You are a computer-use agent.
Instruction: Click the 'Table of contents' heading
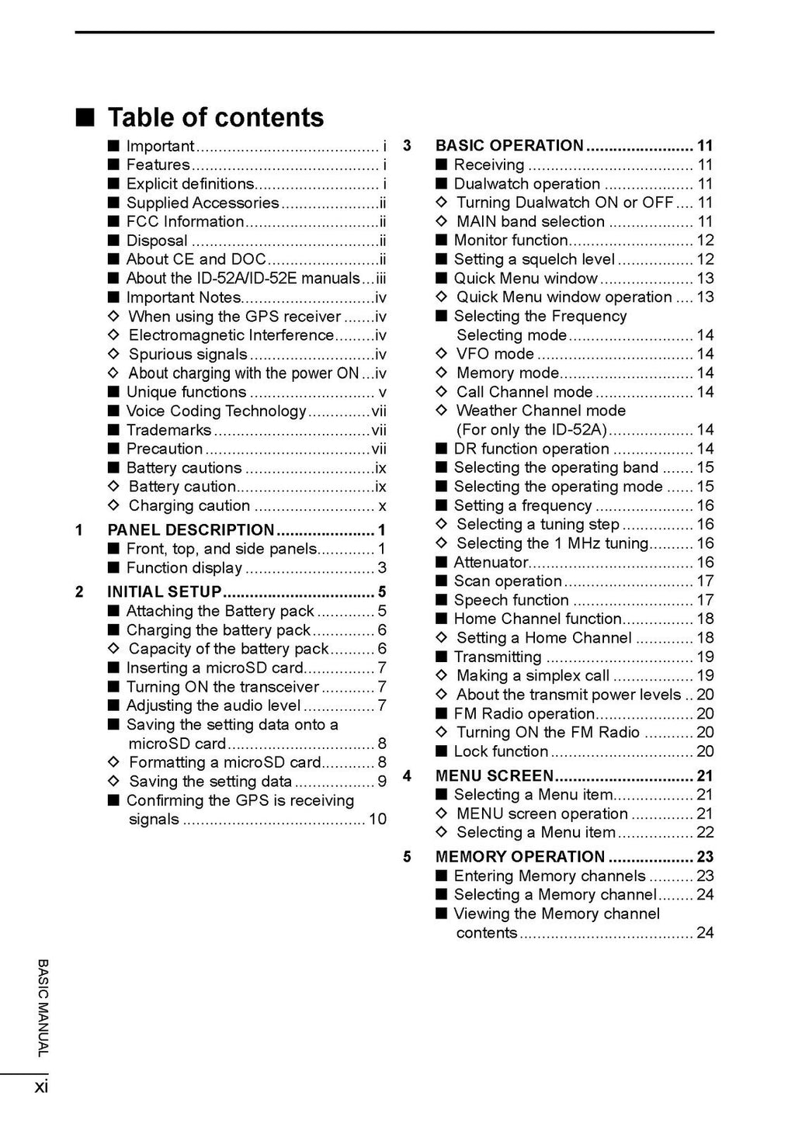pos(215,117)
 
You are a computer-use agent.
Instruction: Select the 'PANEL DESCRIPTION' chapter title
pos(190,530)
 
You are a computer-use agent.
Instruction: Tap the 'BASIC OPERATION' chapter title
pos(509,145)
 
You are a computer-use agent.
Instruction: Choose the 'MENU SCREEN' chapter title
pos(495,775)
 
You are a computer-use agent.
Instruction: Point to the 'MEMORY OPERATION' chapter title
pos(519,857)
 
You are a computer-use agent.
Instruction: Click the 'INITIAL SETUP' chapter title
pos(164,591)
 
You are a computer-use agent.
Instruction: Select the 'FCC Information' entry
pos(185,221)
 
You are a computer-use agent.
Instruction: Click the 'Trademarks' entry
pos(168,430)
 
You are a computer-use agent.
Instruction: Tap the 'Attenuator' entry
pos(491,562)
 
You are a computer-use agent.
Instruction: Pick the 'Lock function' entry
pos(501,751)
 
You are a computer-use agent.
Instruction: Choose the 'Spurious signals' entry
pos(188,354)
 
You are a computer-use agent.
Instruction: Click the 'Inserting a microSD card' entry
pos(215,668)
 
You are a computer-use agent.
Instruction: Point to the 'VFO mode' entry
pos(495,354)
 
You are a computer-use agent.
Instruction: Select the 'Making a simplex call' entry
pos(533,675)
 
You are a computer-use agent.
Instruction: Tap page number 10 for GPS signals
pos(377,819)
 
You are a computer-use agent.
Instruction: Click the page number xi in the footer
pos(41,1086)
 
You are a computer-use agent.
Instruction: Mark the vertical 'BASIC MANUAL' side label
pos(43,1008)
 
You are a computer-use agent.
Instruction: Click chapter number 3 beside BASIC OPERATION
pos(407,146)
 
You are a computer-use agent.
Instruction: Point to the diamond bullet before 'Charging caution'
pos(114,505)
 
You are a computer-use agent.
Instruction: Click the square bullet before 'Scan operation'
pos(441,581)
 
